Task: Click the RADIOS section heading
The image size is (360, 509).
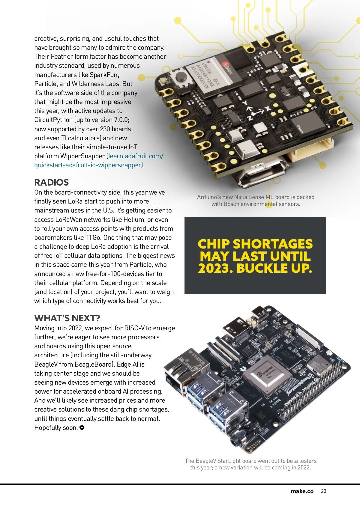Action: pyautogui.click(x=51, y=182)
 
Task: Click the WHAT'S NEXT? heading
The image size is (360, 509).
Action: pyautogui.click(x=67, y=318)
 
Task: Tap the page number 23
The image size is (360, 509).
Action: pyautogui.click(x=323, y=491)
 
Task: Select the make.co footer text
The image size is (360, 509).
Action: pyautogui.click(x=302, y=491)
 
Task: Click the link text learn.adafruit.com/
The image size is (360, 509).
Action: pyautogui.click(x=136, y=156)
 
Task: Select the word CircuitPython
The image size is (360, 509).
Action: pyautogui.click(x=53, y=120)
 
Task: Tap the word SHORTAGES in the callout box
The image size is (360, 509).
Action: pyautogui.click(x=272, y=244)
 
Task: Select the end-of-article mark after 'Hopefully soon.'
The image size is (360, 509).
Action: pyautogui.click(x=82, y=427)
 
